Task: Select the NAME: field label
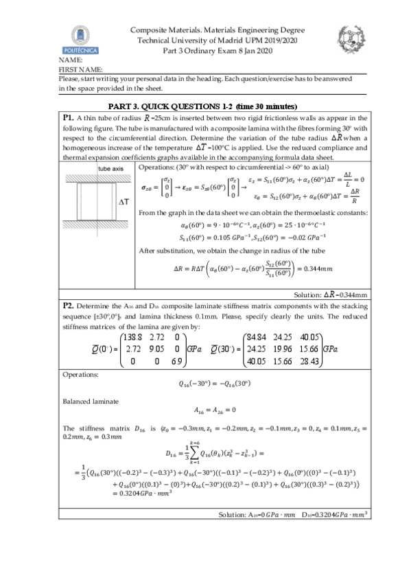[x=71, y=61]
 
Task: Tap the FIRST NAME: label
[x=81, y=69]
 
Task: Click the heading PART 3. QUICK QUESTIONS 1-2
[x=203, y=106]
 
